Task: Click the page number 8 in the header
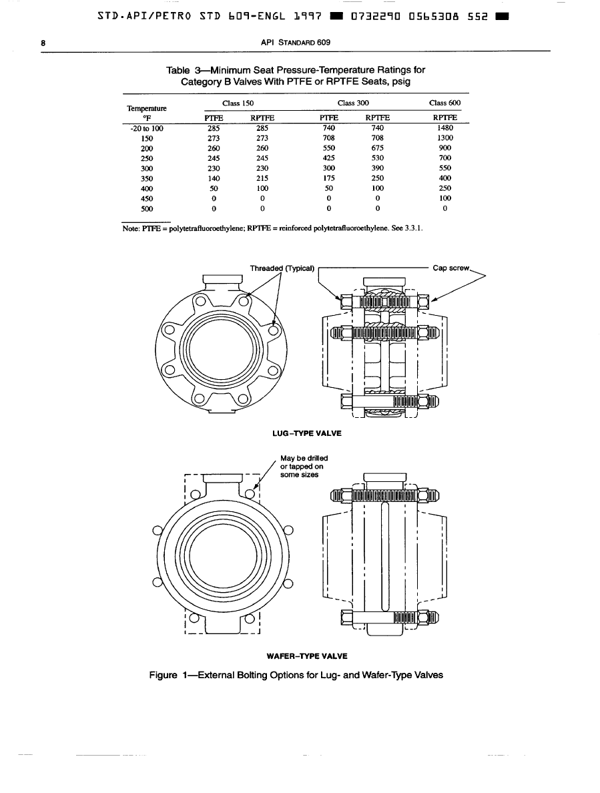[43, 43]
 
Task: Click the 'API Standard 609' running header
[295, 43]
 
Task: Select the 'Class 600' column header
[444, 103]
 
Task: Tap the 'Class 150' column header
[238, 103]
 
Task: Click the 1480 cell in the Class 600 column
[445, 128]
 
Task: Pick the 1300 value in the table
[445, 138]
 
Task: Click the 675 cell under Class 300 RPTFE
[378, 148]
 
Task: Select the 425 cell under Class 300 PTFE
[328, 158]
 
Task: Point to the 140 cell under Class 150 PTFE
[214, 178]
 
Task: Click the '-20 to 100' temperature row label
[147, 128]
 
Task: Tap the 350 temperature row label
[147, 178]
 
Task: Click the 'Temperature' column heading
[147, 108]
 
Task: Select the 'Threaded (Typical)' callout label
[282, 268]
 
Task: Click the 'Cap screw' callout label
[451, 268]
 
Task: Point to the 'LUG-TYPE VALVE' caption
[307, 433]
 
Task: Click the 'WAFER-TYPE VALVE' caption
[307, 656]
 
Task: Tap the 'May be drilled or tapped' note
[304, 467]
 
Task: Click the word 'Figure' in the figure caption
[164, 675]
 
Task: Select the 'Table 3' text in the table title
[184, 70]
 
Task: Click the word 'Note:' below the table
[131, 228]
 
